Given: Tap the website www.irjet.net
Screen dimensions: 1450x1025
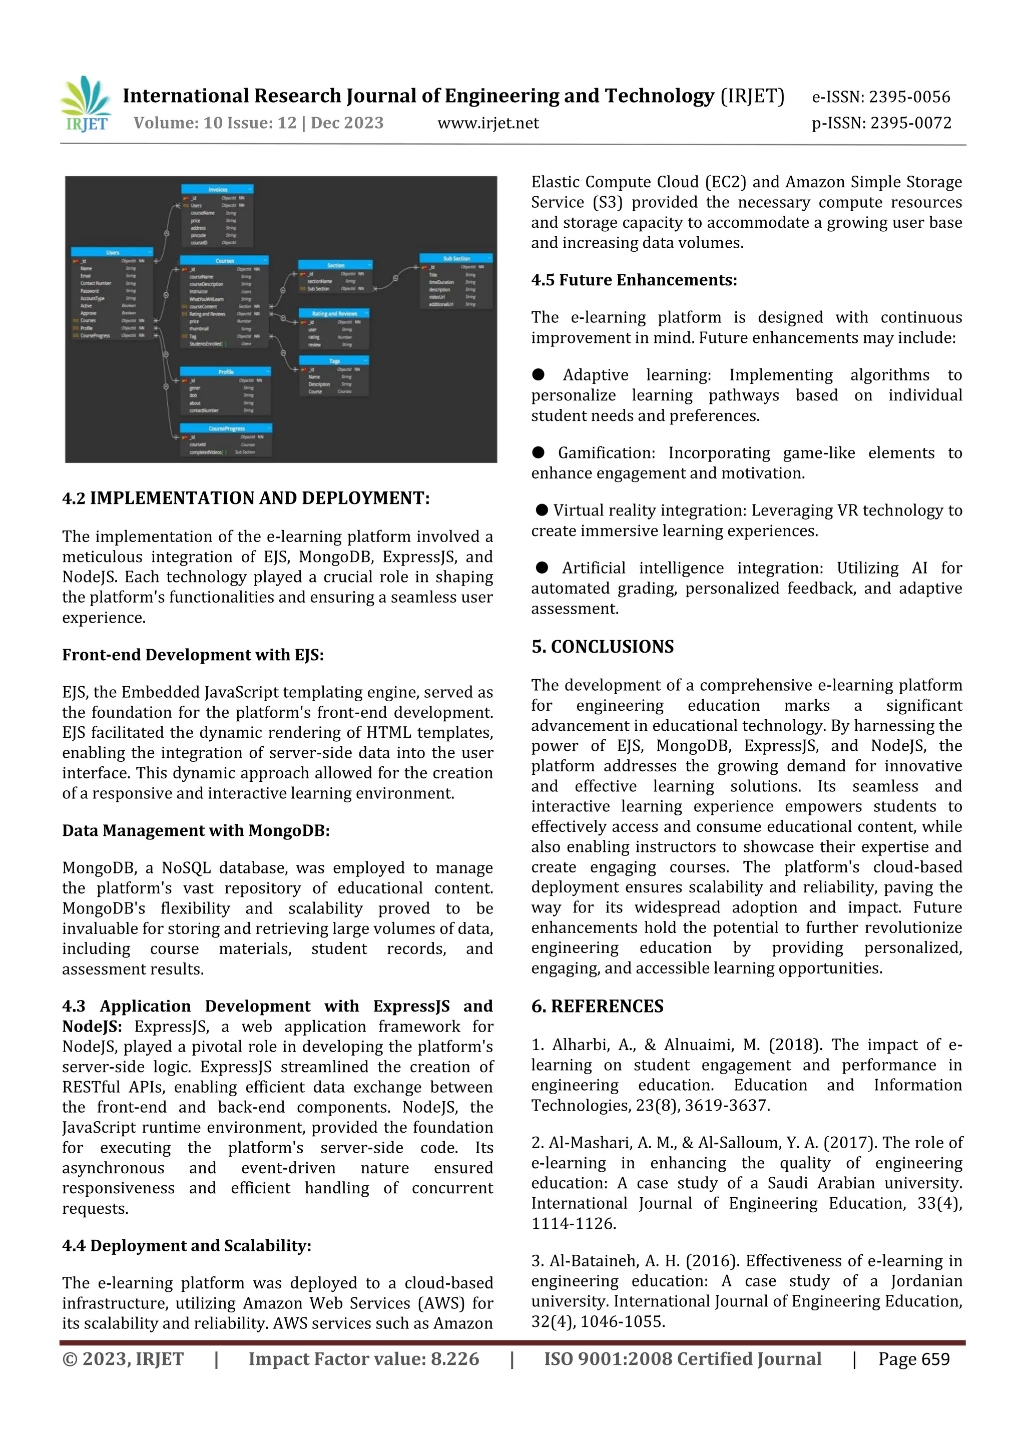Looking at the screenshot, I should click(487, 123).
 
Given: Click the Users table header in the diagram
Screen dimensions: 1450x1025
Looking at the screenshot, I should click(113, 252).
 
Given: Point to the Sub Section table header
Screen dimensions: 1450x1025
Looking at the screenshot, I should click(456, 258).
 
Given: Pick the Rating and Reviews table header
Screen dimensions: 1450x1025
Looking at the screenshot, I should click(334, 313).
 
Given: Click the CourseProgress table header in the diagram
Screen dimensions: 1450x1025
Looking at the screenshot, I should click(226, 428).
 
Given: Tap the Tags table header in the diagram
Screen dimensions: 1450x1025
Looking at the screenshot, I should click(334, 360).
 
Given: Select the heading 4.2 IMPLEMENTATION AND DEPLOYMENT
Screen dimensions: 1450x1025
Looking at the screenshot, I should click(246, 499).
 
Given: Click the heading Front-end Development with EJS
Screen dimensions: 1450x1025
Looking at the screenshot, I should click(193, 655).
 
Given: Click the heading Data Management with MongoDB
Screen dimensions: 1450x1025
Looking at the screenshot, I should click(196, 830).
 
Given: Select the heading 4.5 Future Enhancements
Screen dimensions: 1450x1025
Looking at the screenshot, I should click(634, 280).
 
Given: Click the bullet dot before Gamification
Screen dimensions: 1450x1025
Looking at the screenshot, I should click(538, 452).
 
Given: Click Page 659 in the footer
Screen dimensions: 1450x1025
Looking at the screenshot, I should click(913, 1359).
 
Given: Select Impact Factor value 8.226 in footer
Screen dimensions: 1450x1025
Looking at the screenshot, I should click(363, 1359).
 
